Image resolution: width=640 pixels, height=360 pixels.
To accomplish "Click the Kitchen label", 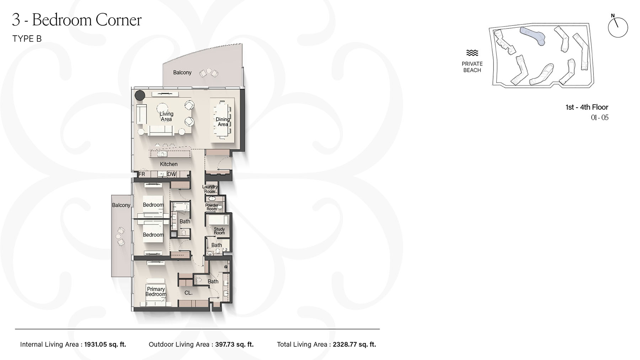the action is pos(169,164).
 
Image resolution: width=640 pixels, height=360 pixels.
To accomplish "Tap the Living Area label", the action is pos(166,117).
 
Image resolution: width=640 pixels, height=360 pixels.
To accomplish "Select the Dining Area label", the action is pos(223,122).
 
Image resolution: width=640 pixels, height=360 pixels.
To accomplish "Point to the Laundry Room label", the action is pos(210,189).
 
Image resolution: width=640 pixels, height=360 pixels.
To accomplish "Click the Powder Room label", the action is pos(212,207).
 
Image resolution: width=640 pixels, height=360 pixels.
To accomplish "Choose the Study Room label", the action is pos(219,231).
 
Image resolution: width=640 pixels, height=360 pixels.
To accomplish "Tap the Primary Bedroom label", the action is pos(156,292).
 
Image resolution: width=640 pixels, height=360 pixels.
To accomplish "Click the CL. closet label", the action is pos(188,293).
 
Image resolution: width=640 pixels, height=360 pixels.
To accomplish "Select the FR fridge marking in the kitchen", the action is pos(142,174).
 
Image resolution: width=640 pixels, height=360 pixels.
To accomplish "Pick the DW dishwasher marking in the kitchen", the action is pos(171,174).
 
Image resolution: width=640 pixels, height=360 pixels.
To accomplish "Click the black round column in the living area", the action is pos(140,95).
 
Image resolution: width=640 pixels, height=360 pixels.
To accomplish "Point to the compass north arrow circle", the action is pos(618,27).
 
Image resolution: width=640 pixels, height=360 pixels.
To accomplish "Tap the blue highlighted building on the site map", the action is pos(533,35).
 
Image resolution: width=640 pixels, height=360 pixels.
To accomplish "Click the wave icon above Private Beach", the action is pos(472,53).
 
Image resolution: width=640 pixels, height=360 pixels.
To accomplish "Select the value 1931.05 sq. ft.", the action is pos(105,344).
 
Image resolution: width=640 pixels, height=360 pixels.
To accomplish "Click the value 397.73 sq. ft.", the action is pos(234,344).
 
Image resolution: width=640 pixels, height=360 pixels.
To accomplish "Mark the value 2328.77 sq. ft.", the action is pos(354,344).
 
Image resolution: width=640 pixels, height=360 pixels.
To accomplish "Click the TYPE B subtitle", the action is pos(27,39).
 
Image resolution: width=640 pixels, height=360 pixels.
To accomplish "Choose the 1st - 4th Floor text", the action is pos(587,107).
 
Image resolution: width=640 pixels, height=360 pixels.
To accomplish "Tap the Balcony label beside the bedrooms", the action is pos(121,205).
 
